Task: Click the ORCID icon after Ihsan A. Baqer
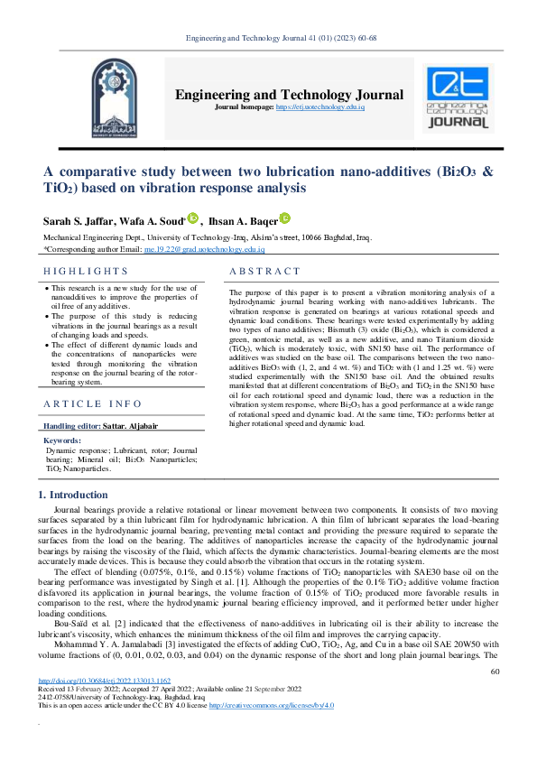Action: [x=285, y=218]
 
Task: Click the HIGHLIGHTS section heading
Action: [x=87, y=271]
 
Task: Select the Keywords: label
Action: [x=62, y=440]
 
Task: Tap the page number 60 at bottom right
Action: [x=494, y=696]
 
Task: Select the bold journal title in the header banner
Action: [x=289, y=95]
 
